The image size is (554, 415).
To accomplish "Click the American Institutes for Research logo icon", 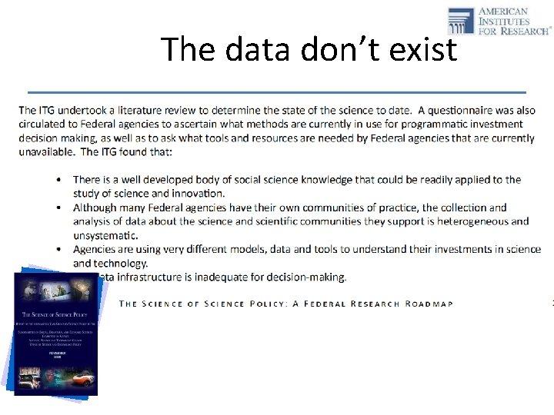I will [462, 20].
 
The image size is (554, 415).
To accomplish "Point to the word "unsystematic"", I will [105, 235].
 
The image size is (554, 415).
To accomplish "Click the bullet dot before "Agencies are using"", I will [61, 250].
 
